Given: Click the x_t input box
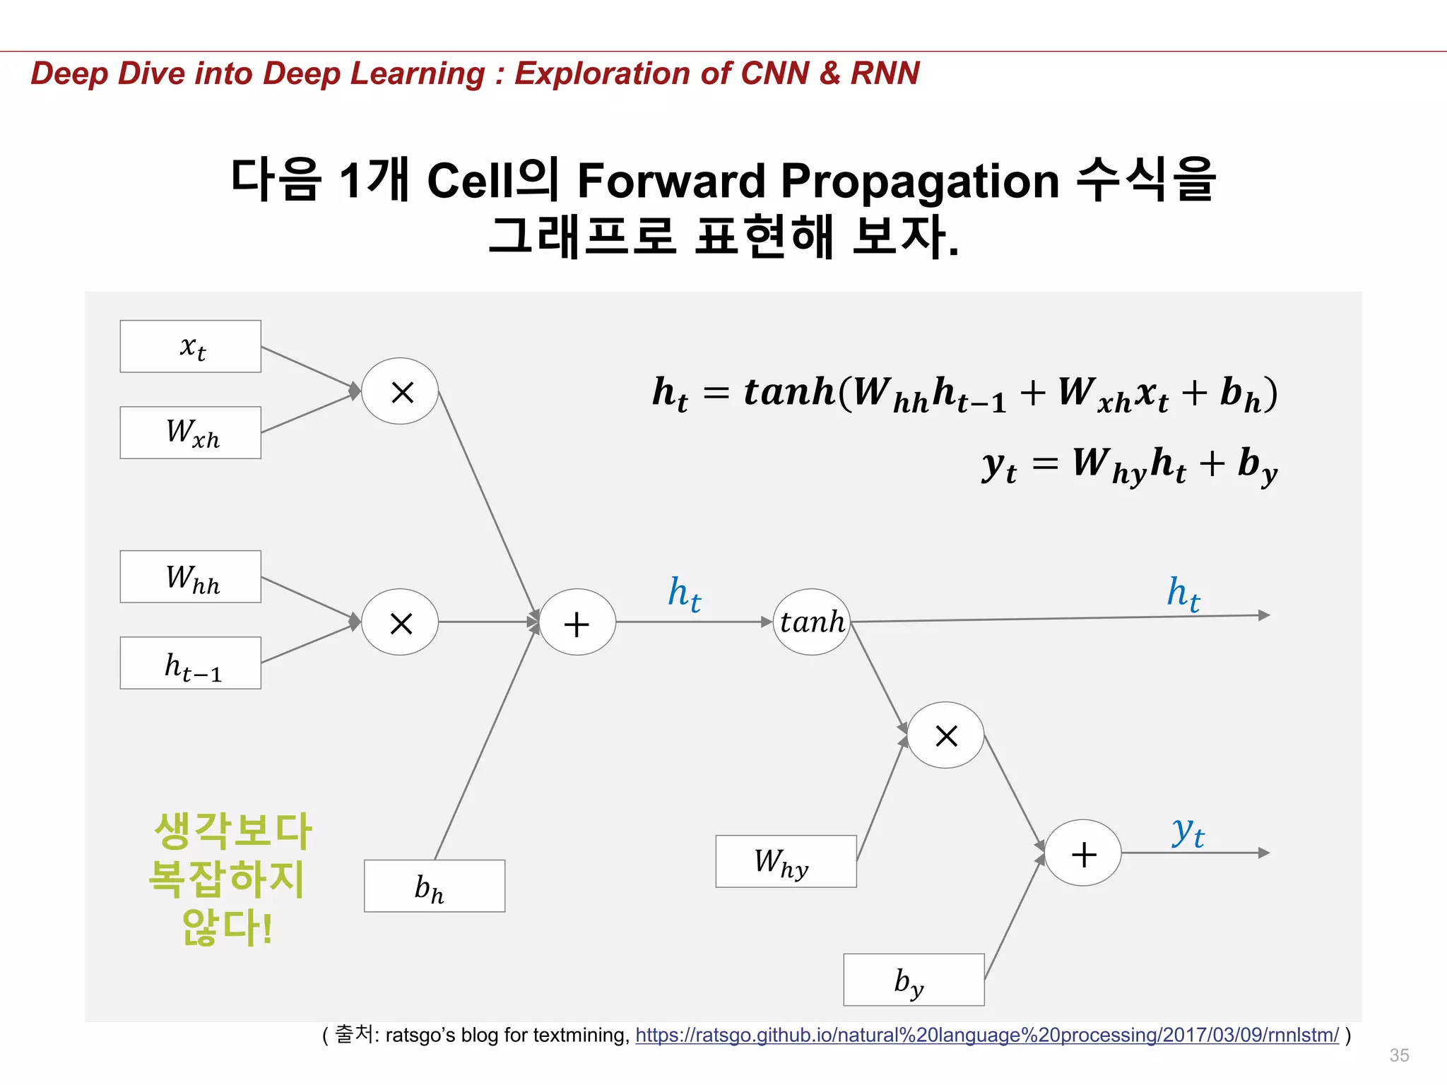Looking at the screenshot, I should click(190, 346).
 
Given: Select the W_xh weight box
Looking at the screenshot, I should click(190, 432).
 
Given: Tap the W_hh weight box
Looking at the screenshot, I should click(190, 576).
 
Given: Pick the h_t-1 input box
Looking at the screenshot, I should click(190, 663).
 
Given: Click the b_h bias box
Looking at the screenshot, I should click(434, 886).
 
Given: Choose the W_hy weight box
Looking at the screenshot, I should click(786, 861).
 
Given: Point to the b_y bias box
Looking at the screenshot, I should click(914, 980).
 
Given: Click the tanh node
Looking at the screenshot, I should click(812, 622).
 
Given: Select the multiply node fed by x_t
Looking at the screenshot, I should click(400, 391).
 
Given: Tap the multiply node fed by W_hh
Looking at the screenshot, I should click(400, 622).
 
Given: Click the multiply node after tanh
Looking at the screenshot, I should click(945, 735).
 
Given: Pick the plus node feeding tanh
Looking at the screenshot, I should click(577, 622).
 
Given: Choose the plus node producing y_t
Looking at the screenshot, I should click(1083, 853).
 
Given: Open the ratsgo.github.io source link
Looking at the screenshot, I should click(987, 1035).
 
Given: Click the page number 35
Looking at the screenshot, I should click(1399, 1055).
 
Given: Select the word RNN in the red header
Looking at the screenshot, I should click(885, 73).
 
